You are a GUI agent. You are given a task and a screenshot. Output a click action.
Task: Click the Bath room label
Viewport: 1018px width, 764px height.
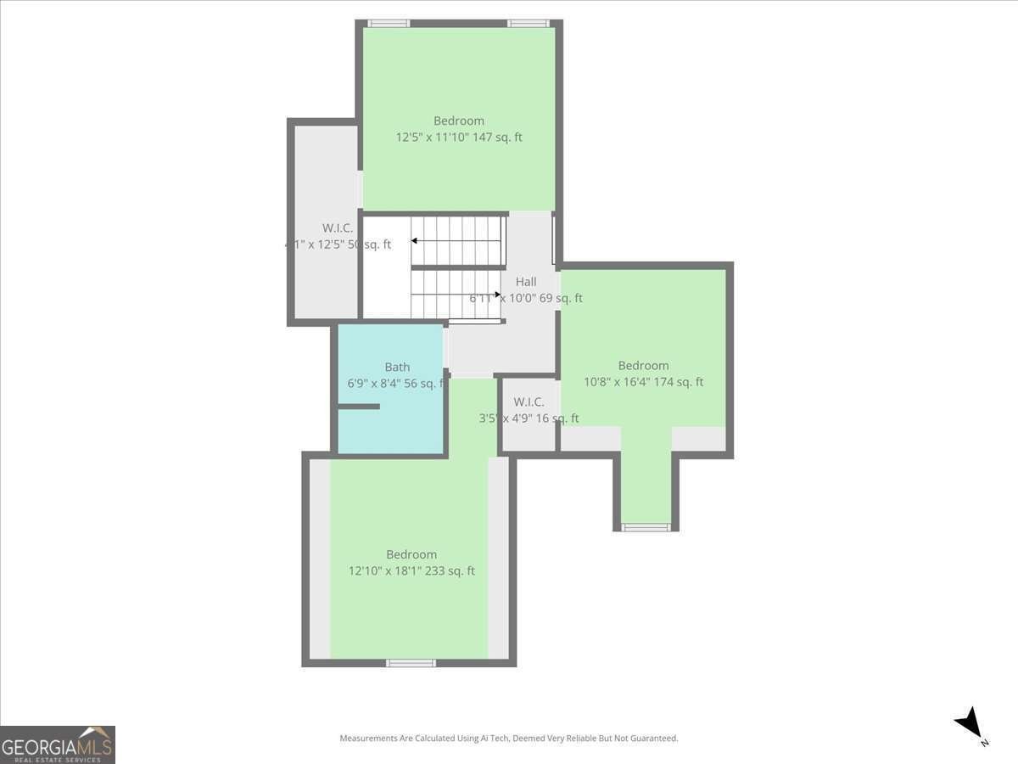[397, 367]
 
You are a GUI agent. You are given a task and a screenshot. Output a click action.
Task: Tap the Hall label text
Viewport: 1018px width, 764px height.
[526, 282]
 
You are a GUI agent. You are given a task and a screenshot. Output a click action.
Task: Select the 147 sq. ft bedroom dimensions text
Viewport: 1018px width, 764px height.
[459, 137]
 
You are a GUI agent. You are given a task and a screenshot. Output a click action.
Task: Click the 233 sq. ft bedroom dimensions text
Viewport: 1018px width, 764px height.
[411, 570]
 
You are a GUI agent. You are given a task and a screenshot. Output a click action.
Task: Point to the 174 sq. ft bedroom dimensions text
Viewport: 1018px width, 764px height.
[643, 382]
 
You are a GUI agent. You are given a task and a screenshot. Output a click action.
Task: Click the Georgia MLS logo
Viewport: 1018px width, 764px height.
[58, 744]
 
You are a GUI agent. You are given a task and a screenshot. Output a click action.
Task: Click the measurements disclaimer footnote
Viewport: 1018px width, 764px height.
[509, 739]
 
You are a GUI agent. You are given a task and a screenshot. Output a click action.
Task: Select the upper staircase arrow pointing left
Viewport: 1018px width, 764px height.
[415, 241]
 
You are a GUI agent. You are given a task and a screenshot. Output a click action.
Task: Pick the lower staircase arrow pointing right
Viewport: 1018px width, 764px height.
[497, 295]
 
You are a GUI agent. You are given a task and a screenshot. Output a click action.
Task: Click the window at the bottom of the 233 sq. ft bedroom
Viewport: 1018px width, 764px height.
[411, 662]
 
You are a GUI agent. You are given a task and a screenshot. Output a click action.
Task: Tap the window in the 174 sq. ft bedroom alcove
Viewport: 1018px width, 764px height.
[646, 527]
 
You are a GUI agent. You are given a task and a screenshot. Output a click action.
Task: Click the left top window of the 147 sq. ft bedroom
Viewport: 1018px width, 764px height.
[389, 24]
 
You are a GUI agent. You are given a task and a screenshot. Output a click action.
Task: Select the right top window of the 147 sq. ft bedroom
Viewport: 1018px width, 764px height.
[529, 24]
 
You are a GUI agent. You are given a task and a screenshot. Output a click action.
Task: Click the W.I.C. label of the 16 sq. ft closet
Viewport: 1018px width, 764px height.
[529, 402]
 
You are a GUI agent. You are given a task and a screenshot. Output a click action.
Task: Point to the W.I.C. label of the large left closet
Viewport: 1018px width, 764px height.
[337, 228]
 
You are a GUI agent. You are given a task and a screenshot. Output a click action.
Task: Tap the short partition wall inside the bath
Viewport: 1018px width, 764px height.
[358, 407]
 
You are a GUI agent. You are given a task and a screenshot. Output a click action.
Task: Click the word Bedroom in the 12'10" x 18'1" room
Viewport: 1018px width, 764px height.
[411, 554]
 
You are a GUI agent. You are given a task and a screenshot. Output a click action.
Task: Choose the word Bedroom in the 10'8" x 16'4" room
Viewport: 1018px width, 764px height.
[643, 366]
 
